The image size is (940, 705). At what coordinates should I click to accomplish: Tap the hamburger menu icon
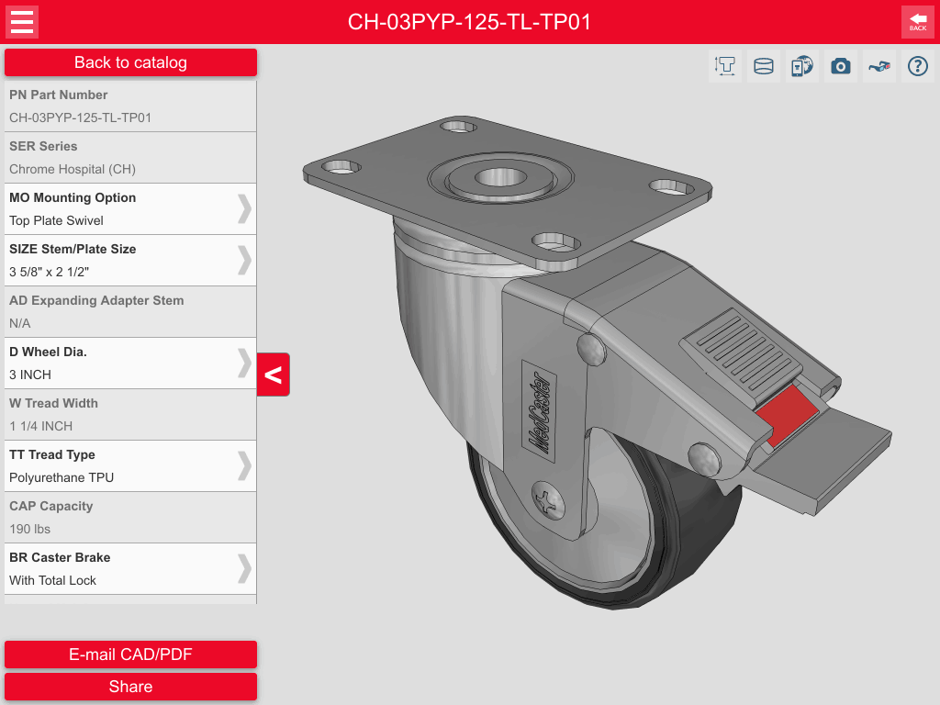tap(22, 22)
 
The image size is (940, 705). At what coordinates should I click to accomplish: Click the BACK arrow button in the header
tap(917, 22)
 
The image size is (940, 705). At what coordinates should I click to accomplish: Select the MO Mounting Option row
tap(129, 209)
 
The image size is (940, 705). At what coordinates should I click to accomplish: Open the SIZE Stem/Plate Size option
tap(129, 261)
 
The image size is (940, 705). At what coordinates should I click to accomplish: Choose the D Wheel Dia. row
tap(129, 364)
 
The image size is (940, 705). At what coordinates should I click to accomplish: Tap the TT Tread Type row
tap(129, 466)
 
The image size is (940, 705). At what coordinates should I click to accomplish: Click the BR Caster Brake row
tap(129, 569)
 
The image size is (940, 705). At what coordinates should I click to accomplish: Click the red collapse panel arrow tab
tap(274, 375)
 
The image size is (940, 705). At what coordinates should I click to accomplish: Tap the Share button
tap(130, 687)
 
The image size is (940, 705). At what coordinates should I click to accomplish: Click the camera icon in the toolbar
tap(841, 66)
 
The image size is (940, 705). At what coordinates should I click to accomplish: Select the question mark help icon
tap(917, 66)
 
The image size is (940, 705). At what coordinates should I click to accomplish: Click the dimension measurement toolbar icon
tap(725, 66)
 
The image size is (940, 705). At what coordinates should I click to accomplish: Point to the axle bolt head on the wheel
tap(548, 500)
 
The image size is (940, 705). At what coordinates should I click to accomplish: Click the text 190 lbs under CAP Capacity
tap(30, 529)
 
